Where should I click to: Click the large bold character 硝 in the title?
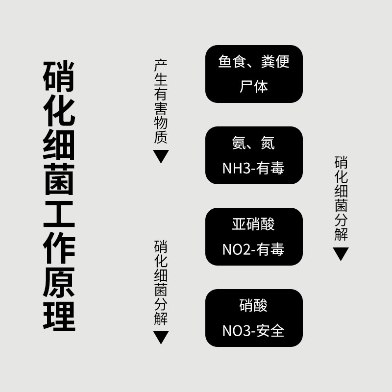[59, 76]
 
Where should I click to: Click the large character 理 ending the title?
[59, 316]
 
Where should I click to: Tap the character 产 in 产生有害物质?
[161, 66]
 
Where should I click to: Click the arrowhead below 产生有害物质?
[161, 156]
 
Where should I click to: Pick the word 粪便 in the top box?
[275, 62]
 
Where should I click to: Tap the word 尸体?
[254, 87]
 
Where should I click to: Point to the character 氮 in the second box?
[268, 143]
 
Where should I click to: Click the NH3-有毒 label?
[253, 168]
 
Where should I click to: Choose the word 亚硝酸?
[253, 224]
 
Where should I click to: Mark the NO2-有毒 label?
[253, 249]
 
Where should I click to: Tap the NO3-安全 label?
[253, 331]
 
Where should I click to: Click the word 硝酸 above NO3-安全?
[253, 306]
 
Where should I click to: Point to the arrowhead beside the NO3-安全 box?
[161, 337]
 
